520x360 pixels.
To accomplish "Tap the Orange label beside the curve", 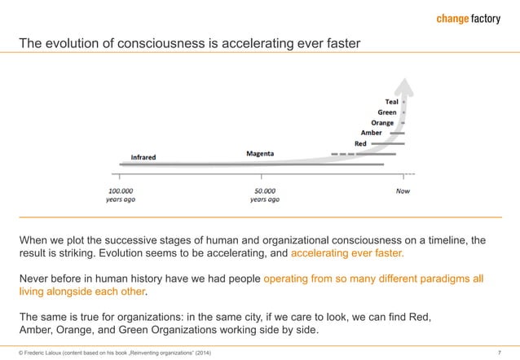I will point(382,123).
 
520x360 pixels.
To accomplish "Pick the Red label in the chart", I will point(360,143).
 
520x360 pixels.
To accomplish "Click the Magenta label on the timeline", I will point(261,152).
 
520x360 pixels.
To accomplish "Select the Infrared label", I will point(144,156).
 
